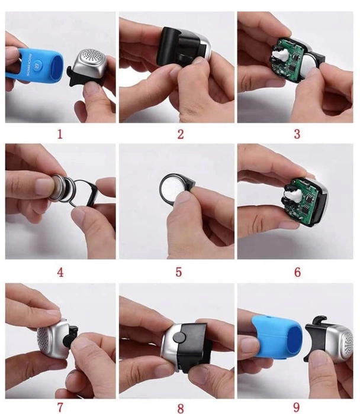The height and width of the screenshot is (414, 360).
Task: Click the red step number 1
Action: pyautogui.click(x=60, y=134)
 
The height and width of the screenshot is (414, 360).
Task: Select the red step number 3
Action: pyautogui.click(x=297, y=134)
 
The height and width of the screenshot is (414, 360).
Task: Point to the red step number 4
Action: pyautogui.click(x=60, y=273)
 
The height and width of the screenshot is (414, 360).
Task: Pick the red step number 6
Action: pyautogui.click(x=297, y=273)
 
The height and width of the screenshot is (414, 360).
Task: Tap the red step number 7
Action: pyautogui.click(x=60, y=407)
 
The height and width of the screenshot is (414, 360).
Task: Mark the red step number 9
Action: pyautogui.click(x=297, y=407)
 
